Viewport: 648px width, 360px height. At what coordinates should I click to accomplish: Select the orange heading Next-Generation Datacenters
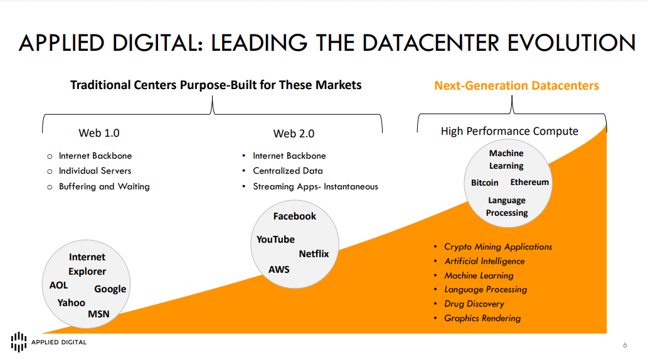pyautogui.click(x=516, y=86)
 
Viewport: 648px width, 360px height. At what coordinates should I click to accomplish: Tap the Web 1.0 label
pyautogui.click(x=99, y=133)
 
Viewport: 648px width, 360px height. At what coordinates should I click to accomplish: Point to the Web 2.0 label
pyautogui.click(x=294, y=134)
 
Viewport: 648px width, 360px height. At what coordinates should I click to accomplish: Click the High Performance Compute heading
pyautogui.click(x=509, y=131)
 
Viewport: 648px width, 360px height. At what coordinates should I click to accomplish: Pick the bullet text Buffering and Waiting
pyautogui.click(x=104, y=186)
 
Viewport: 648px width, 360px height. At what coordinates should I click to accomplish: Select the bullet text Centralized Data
pyautogui.click(x=288, y=171)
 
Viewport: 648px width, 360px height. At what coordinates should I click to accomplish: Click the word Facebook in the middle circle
pyautogui.click(x=294, y=216)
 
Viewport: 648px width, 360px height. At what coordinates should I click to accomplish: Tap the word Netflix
pyautogui.click(x=314, y=254)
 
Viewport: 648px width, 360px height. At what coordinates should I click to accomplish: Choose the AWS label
pyautogui.click(x=279, y=269)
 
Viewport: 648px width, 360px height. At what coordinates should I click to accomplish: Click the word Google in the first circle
pyautogui.click(x=110, y=289)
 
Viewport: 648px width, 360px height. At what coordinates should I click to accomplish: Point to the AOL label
pyautogui.click(x=59, y=285)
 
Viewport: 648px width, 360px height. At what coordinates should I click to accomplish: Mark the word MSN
pyautogui.click(x=98, y=314)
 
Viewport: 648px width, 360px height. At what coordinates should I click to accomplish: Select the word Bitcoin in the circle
pyautogui.click(x=485, y=183)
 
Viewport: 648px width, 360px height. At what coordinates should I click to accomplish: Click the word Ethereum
pyautogui.click(x=529, y=183)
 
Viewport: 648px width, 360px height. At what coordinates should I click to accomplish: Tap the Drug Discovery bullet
pyautogui.click(x=474, y=304)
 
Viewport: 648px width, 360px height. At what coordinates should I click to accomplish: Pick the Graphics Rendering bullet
pyautogui.click(x=482, y=318)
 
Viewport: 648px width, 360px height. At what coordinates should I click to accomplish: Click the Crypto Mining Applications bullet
pyautogui.click(x=498, y=247)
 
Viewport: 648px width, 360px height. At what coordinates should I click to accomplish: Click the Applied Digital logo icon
pyautogui.click(x=19, y=341)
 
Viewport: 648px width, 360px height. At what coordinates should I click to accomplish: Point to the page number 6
pyautogui.click(x=625, y=345)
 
